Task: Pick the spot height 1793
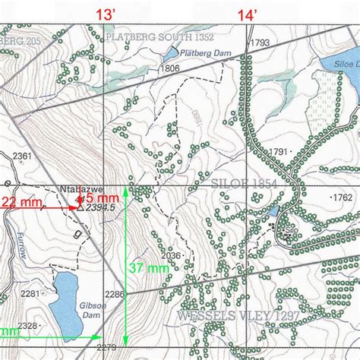pyautogui.click(x=259, y=43)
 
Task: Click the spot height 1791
pyautogui.click(x=279, y=152)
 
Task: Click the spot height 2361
pyautogui.click(x=23, y=156)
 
